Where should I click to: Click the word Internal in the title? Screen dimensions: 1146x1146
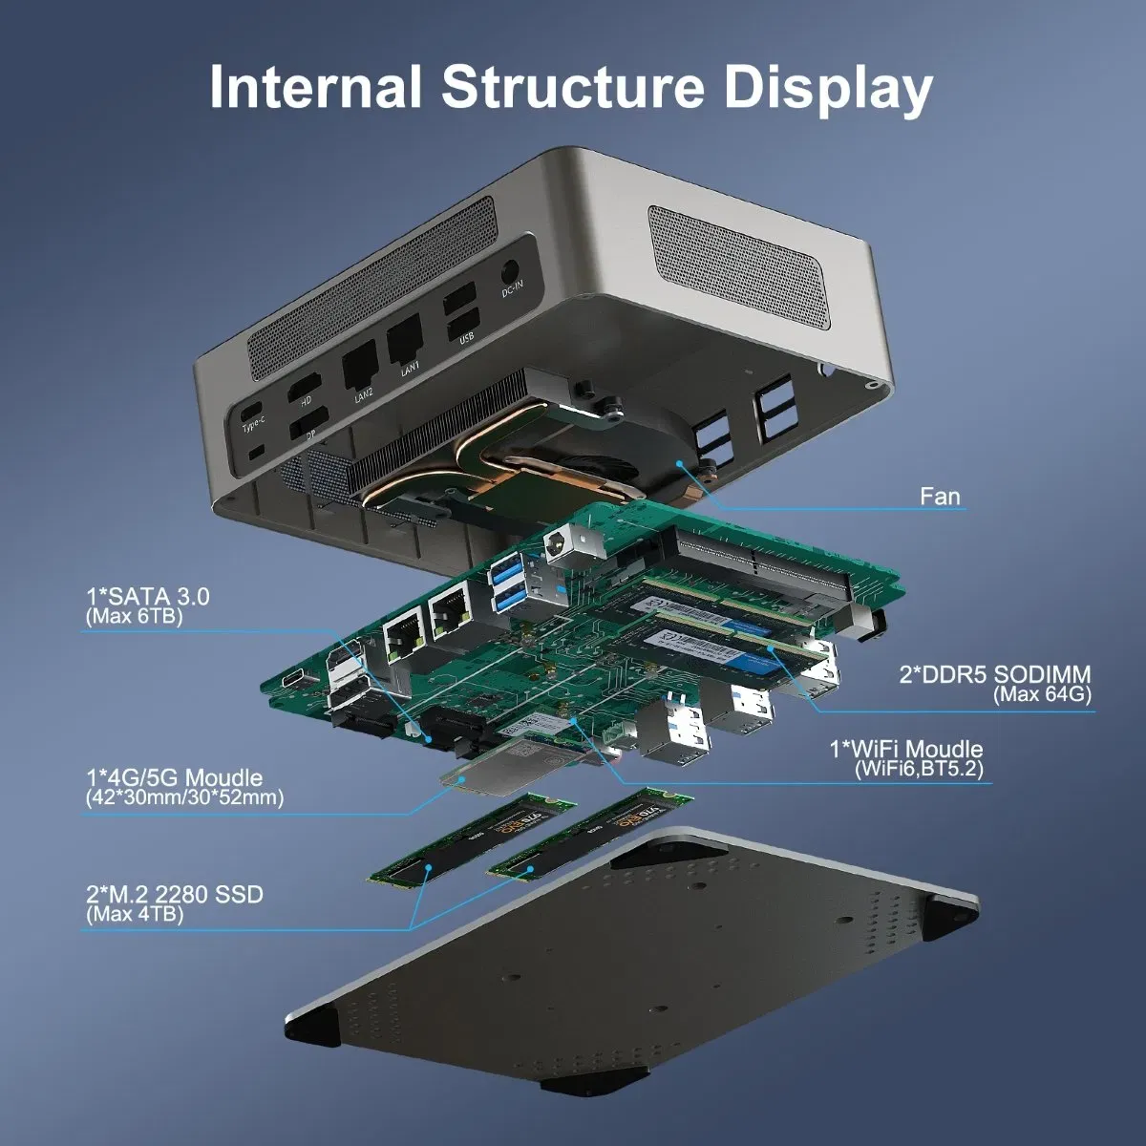pyautogui.click(x=315, y=87)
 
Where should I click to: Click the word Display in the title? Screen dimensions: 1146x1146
pyautogui.click(x=828, y=89)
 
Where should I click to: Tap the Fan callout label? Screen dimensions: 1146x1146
pyautogui.click(x=940, y=497)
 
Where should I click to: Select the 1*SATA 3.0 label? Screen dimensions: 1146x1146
pyautogui.click(x=147, y=597)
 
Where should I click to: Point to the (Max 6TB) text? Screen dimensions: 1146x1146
pyautogui.click(x=134, y=617)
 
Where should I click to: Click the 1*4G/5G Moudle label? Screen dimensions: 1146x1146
pyautogui.click(x=174, y=777)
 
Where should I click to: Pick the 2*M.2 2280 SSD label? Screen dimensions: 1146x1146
pyautogui.click(x=174, y=895)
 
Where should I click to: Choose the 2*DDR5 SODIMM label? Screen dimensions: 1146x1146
pyautogui.click(x=994, y=674)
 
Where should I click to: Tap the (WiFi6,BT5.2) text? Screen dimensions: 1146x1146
pyautogui.click(x=919, y=769)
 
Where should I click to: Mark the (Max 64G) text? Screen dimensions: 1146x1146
pyautogui.click(x=1042, y=694)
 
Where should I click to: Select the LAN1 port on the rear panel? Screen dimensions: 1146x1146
pyautogui.click(x=404, y=336)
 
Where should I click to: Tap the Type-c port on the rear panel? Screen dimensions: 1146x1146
pyautogui.click(x=251, y=412)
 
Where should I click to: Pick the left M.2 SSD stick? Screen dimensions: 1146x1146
pyautogui.click(x=473, y=838)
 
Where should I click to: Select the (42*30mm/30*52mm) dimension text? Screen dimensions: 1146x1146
pyautogui.click(x=184, y=797)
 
